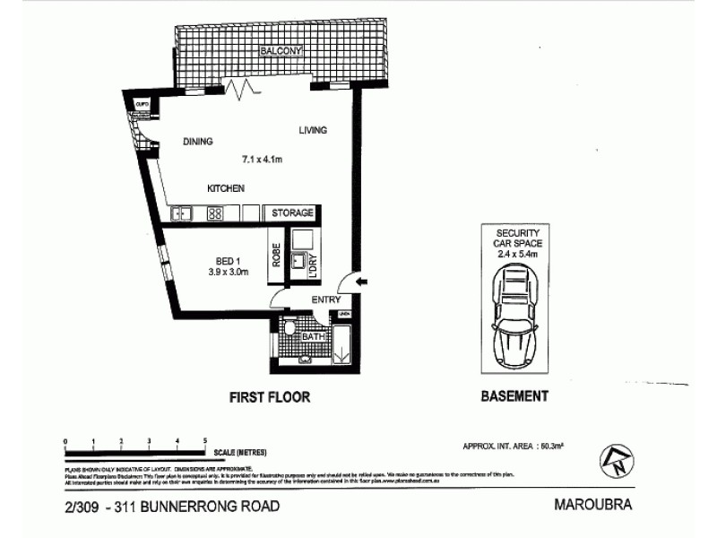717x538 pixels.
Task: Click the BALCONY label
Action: tap(281, 51)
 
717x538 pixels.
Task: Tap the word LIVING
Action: tap(313, 131)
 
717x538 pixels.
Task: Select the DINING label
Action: tap(197, 142)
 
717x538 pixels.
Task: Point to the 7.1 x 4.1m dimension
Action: tap(263, 161)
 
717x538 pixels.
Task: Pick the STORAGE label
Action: tap(292, 213)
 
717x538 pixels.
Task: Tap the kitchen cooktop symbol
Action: tap(216, 213)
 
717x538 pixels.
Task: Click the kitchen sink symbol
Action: tap(182, 213)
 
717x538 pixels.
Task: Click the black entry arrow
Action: tap(362, 283)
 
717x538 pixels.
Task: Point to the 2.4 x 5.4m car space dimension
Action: tap(513, 255)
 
